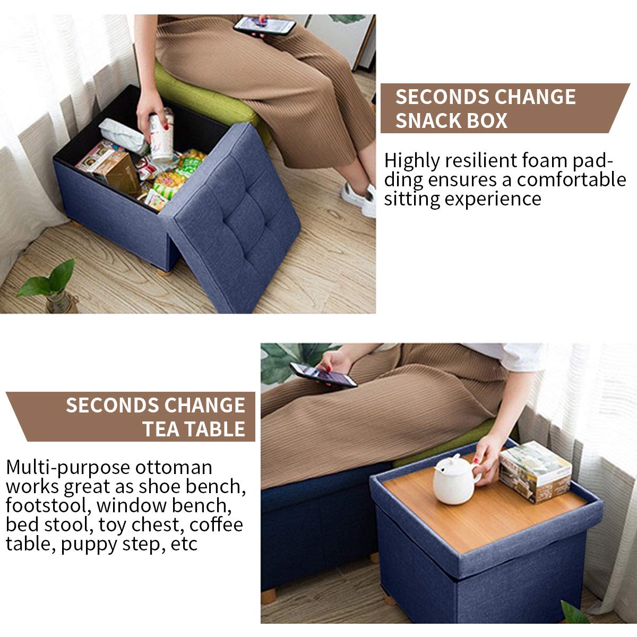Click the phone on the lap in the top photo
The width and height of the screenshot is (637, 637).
(264, 25)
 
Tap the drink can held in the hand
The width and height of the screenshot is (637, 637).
(161, 135)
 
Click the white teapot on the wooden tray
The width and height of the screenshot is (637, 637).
(454, 479)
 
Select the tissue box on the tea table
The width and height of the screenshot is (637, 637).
(535, 471)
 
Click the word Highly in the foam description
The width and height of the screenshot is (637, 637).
(412, 160)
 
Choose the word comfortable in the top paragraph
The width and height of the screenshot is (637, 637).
(572, 179)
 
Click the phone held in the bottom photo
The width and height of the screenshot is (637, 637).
(323, 375)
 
